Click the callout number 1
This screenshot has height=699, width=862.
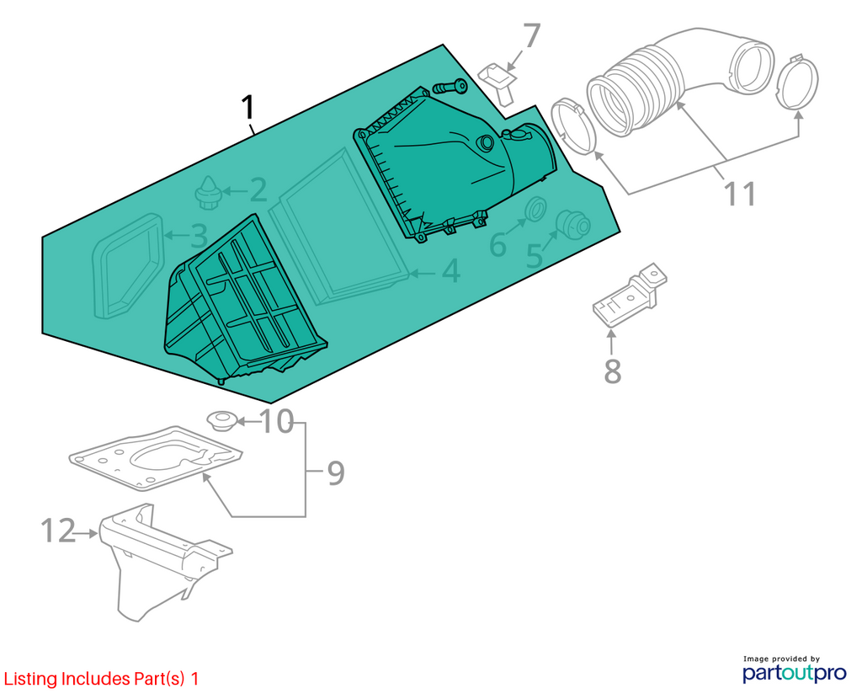coord(248,108)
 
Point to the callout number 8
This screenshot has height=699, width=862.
coord(613,371)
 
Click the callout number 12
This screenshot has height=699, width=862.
coord(58,531)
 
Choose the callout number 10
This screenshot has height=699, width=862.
coord(276,422)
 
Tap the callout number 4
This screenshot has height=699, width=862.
coord(451,271)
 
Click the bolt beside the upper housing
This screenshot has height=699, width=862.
coord(450,87)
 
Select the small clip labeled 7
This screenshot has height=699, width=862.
coord(498,82)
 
